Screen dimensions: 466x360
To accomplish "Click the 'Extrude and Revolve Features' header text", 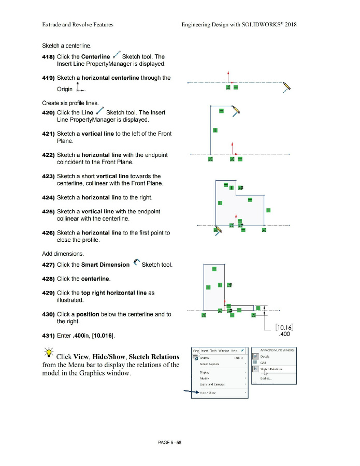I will click(x=74, y=24).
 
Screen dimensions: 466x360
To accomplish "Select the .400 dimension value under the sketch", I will click(x=284, y=334).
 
